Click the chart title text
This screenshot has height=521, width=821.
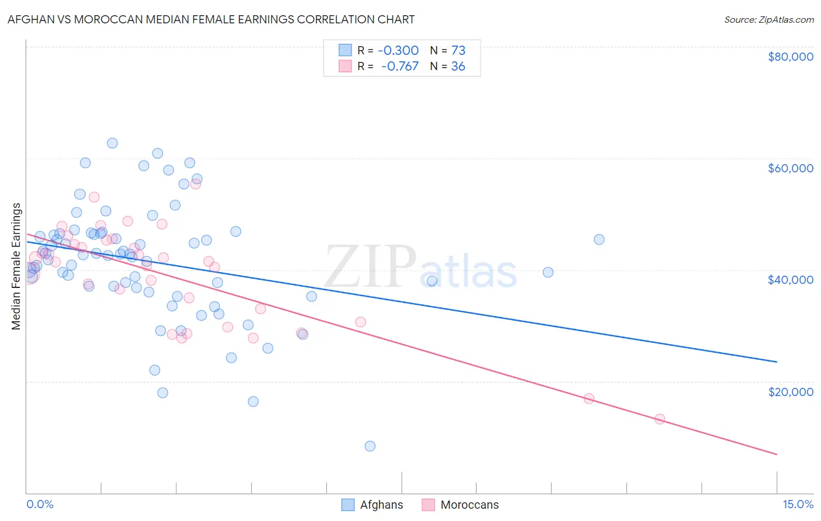[x=211, y=19]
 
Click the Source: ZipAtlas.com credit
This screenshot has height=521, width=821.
[x=768, y=19]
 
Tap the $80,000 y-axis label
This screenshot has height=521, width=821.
[x=790, y=57]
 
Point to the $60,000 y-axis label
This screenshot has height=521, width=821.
[x=790, y=168]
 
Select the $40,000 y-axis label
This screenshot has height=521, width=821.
[x=790, y=280]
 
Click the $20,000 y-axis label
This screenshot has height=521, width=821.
[x=790, y=391]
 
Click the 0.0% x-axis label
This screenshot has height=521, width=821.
[x=40, y=504]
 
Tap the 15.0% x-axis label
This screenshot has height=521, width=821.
[x=798, y=504]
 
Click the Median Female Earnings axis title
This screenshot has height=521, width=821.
[x=16, y=266]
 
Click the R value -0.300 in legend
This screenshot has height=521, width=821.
[x=398, y=51]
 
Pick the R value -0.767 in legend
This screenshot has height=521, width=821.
[x=399, y=67]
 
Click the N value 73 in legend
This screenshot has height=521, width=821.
[x=458, y=51]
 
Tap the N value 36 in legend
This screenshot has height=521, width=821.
[x=458, y=67]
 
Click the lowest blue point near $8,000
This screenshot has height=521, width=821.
[x=370, y=446]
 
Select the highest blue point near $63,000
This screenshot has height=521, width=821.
[x=112, y=143]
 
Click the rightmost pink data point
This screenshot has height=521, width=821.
[x=660, y=419]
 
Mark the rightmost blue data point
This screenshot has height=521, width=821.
[x=599, y=239]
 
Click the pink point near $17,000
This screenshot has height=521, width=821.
[x=589, y=398]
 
